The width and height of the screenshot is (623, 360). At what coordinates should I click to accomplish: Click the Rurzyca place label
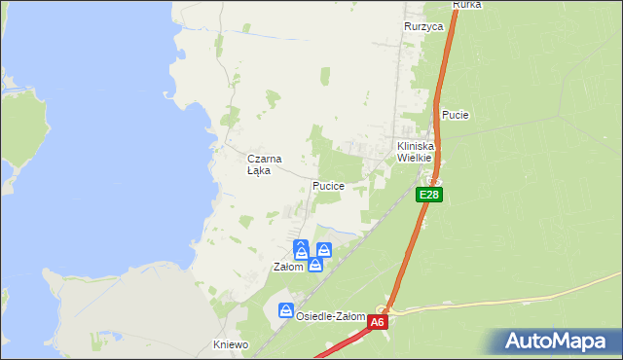click(423, 26)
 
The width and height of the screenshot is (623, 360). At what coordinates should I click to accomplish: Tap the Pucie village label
click(456, 115)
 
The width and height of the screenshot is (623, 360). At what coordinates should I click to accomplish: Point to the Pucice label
click(328, 185)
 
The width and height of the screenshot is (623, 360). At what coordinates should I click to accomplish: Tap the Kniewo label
click(232, 344)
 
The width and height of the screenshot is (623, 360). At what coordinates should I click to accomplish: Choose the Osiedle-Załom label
click(331, 316)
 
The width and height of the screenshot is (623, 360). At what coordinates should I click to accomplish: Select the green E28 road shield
click(429, 196)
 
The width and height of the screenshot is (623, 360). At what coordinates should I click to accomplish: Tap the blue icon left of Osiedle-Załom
click(286, 310)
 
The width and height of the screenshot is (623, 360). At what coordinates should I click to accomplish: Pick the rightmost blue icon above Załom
click(324, 249)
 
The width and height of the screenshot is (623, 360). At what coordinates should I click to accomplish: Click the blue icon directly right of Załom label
click(315, 264)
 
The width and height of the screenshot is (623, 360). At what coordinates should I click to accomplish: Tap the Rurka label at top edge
click(467, 5)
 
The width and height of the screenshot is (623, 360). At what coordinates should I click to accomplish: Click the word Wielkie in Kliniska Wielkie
click(414, 157)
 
